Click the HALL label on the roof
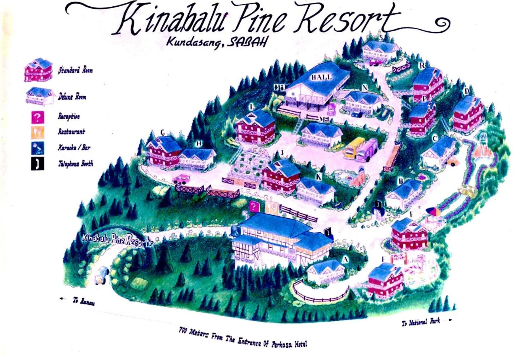click(x=321, y=77)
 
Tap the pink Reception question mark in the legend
click(x=37, y=117)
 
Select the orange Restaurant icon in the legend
click(x=37, y=132)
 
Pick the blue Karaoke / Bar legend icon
click(x=37, y=148)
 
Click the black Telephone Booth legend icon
click(x=37, y=163)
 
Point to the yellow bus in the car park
click(x=354, y=148)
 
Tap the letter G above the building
click(x=163, y=133)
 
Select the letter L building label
click(x=252, y=107)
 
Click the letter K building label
click(x=319, y=177)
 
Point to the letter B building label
click(x=401, y=181)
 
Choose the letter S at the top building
click(x=381, y=37)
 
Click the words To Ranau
click(x=83, y=301)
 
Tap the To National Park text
click(x=421, y=322)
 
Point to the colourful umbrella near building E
click(x=433, y=211)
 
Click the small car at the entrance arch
click(x=102, y=275)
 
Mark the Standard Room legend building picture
click(x=38, y=70)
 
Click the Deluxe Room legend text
click(x=72, y=97)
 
